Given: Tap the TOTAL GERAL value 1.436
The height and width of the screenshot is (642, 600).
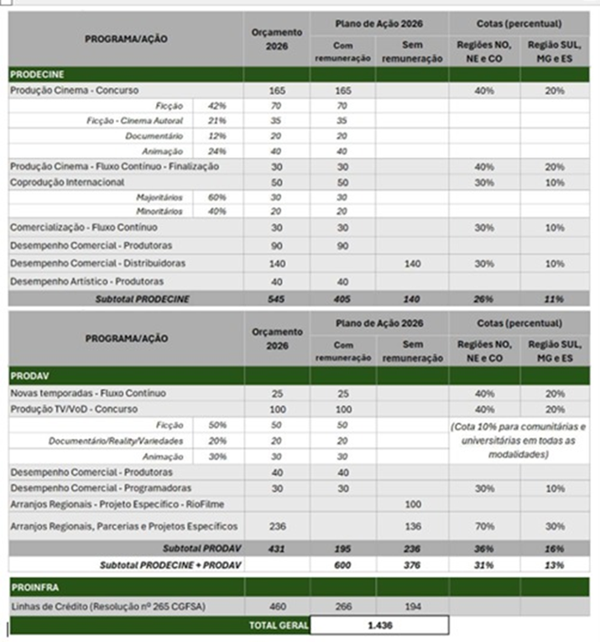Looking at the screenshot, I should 379,625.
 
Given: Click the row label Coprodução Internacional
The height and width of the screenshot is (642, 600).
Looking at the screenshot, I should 67,182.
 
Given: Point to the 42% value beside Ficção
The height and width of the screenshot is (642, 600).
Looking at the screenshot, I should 217,106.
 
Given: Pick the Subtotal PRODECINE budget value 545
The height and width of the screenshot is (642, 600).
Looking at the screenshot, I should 276,298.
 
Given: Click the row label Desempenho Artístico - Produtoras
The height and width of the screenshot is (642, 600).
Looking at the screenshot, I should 86,281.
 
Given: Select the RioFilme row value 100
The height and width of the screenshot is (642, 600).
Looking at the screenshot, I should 412,503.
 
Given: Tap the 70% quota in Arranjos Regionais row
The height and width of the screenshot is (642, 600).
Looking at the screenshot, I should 483,527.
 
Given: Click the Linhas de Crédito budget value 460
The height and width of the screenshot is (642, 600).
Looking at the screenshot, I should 276,606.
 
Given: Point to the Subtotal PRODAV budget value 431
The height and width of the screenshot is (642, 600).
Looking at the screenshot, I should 276,549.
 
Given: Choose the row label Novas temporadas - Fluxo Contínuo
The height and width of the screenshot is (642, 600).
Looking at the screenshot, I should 88,393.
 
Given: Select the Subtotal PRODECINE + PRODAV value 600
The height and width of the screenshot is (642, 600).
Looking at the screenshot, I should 342,565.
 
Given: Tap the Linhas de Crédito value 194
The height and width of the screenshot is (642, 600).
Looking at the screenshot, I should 412,606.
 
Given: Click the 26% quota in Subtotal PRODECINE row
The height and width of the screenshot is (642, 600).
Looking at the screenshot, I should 483,298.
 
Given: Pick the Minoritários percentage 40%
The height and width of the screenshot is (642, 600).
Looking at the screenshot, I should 217,212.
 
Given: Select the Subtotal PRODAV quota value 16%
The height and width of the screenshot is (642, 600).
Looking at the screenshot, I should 554,549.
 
